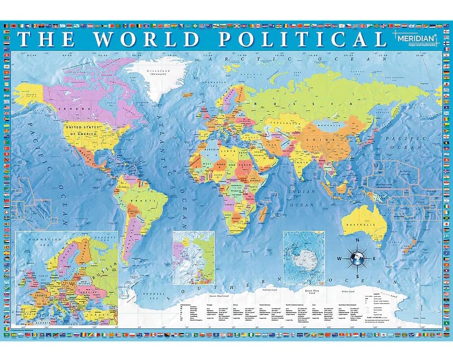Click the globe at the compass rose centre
tap(357, 259)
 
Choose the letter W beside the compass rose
tap(340, 259)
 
